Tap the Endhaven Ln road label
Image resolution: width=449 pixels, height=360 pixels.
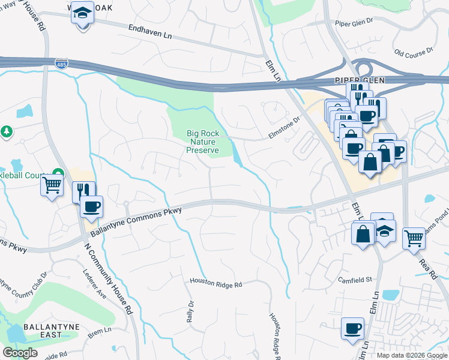150,32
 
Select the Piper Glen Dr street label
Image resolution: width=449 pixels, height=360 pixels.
354,24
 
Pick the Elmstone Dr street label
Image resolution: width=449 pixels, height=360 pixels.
284,127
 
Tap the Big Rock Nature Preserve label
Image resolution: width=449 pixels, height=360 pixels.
202,142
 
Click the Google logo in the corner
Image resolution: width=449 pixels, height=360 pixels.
20,352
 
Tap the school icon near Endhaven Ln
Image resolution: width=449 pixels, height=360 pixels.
82,13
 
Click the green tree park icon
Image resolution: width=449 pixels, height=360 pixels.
7,131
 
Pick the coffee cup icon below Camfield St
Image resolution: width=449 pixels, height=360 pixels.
352,328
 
